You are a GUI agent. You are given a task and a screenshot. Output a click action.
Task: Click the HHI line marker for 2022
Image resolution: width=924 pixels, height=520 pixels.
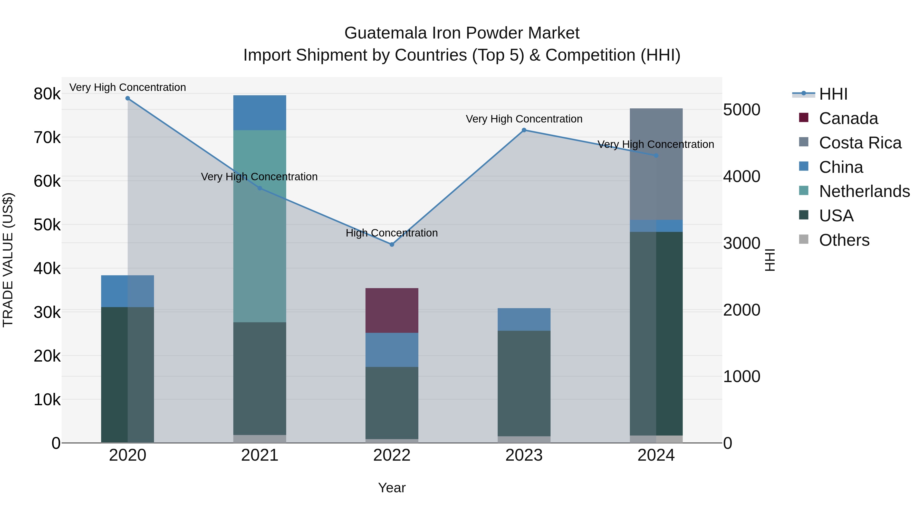[392, 244]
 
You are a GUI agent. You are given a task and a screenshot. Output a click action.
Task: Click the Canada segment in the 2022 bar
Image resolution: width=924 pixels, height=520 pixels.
[392, 310]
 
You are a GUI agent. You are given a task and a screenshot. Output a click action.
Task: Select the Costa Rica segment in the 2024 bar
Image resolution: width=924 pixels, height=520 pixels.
[656, 164]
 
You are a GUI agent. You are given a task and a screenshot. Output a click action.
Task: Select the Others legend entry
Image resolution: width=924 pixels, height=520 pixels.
[844, 240]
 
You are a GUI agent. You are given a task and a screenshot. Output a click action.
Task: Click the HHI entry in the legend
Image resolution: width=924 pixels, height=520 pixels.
[833, 94]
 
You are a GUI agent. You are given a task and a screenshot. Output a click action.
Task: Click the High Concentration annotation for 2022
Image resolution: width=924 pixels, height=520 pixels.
[392, 233]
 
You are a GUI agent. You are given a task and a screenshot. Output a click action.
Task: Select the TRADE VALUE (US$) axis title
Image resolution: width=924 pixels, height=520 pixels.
[8, 260]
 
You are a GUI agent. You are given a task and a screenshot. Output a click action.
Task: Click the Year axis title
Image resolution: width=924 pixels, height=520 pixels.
[392, 488]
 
